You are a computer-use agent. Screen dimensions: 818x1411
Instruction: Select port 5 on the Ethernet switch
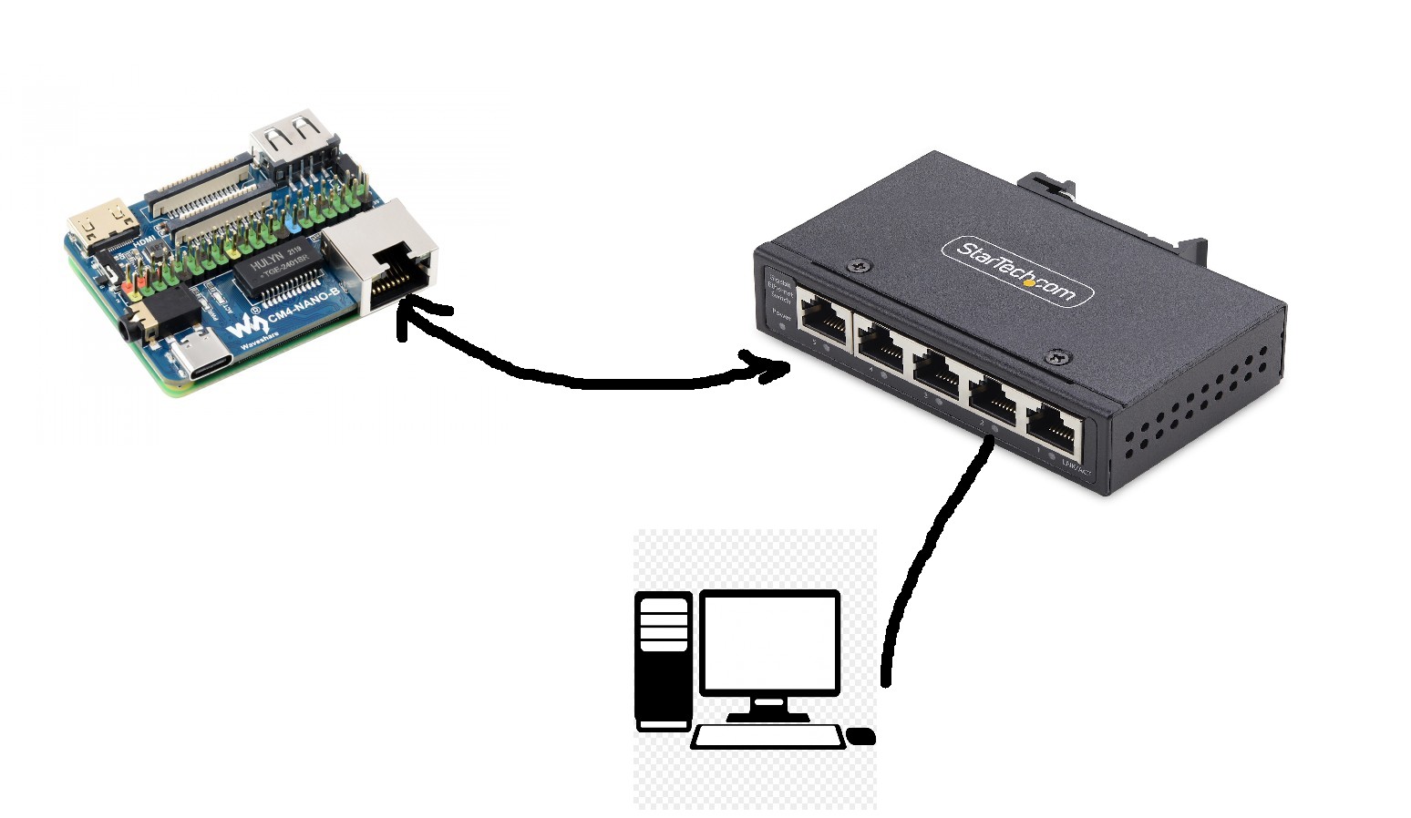[822, 318]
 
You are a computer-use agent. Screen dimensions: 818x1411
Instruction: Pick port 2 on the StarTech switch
[995, 398]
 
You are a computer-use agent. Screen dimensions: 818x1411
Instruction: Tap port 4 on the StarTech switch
[880, 344]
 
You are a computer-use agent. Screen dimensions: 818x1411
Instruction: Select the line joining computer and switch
[921, 565]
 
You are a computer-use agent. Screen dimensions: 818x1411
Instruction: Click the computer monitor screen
[769, 642]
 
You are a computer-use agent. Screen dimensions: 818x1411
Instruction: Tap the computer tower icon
[663, 660]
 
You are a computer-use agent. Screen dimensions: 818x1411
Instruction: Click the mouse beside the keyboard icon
[861, 736]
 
